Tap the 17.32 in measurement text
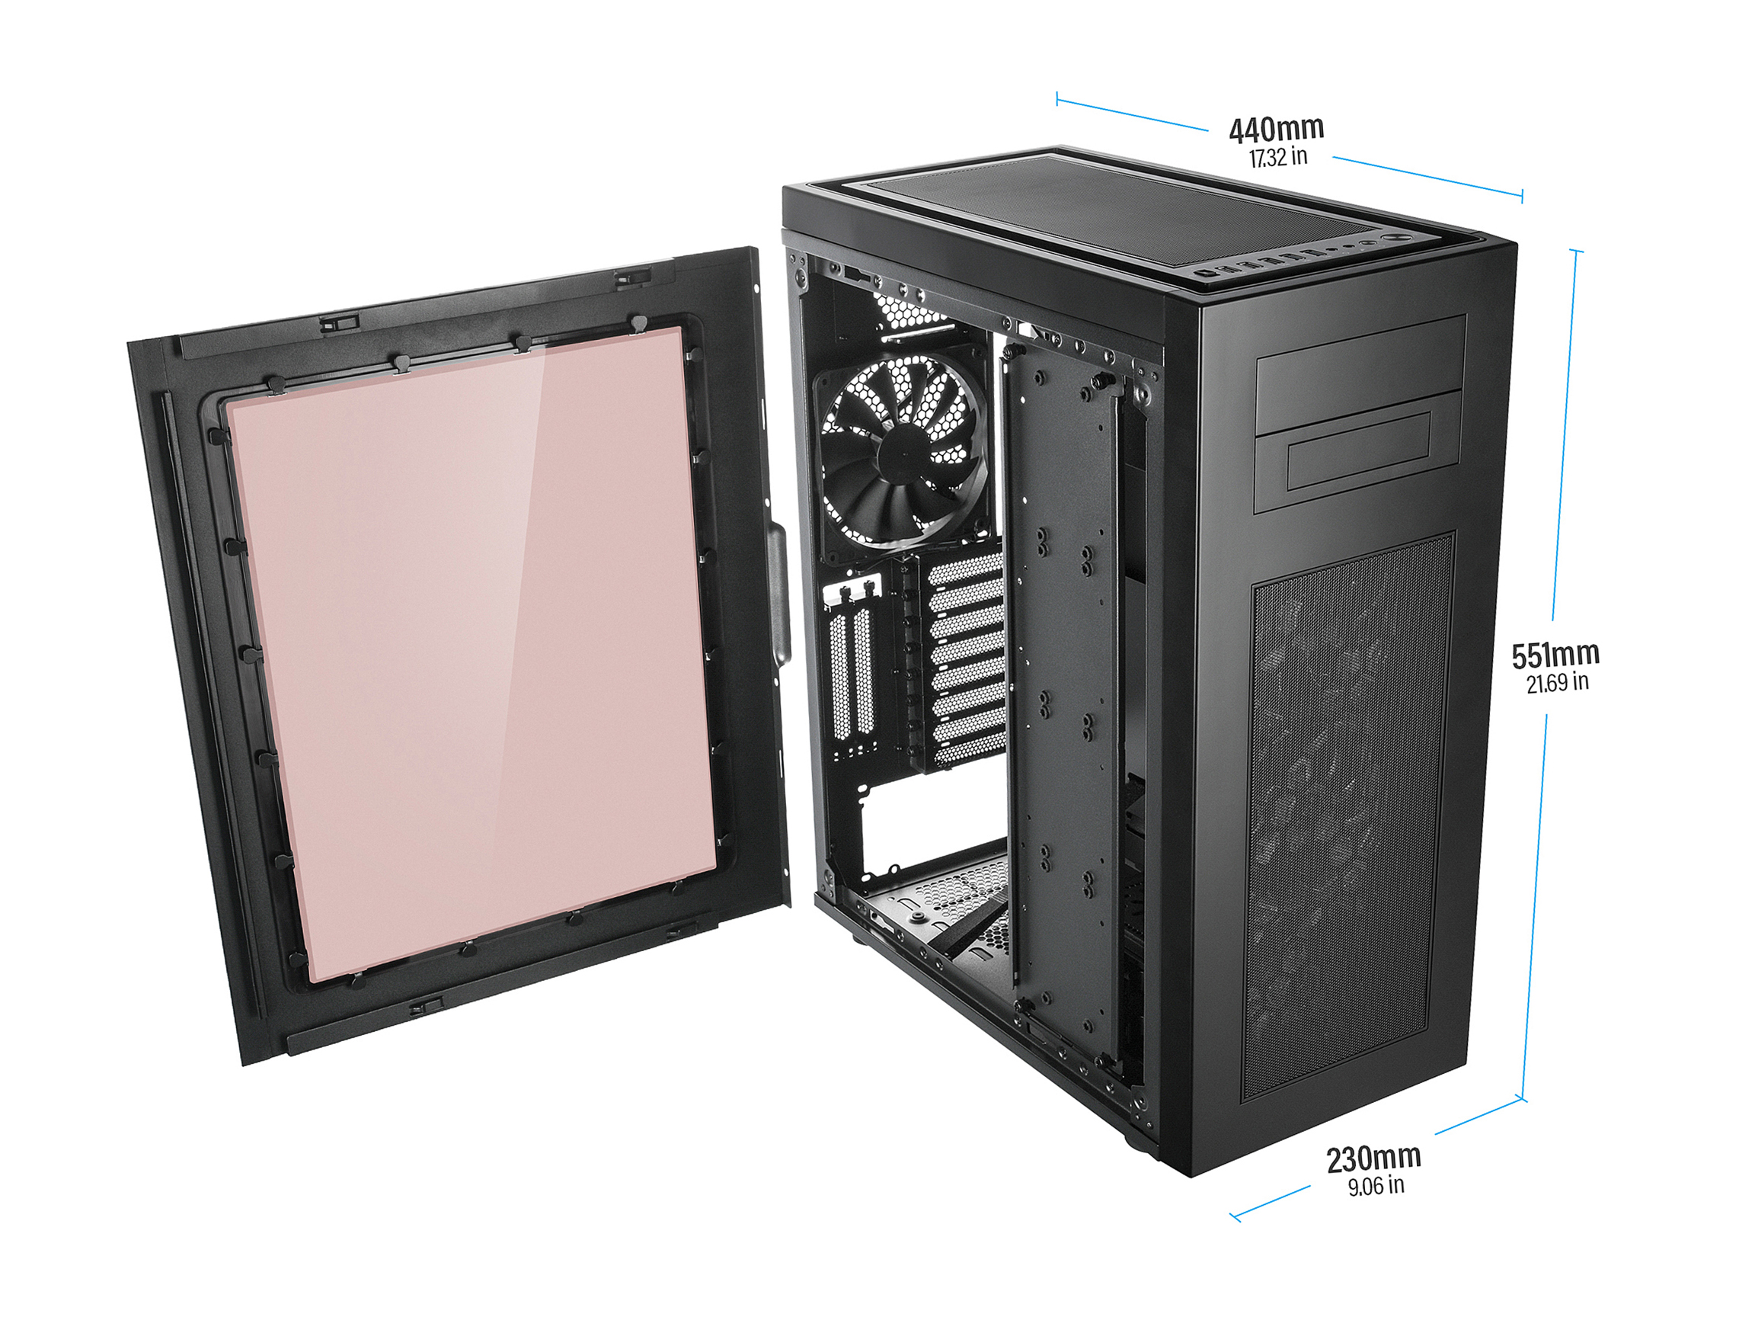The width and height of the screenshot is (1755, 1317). (x=1278, y=157)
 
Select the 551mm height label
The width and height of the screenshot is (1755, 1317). (x=1555, y=655)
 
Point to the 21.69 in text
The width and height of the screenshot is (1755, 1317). (x=1558, y=683)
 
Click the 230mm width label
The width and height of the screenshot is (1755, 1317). (x=1374, y=1159)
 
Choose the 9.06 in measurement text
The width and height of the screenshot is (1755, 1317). (x=1376, y=1186)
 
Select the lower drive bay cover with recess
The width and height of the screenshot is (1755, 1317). (x=1358, y=453)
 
